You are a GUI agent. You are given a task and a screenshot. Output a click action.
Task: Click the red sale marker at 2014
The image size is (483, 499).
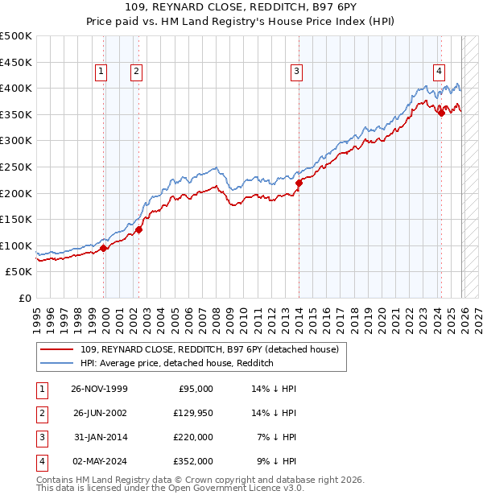click(299, 183)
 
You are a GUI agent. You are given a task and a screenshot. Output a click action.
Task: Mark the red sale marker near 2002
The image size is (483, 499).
click(138, 229)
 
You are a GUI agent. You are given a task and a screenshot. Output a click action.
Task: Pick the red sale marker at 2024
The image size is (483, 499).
click(441, 113)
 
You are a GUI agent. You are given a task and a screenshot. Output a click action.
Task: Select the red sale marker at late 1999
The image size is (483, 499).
click(104, 248)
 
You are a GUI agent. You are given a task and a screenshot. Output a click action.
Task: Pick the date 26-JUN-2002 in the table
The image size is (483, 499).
click(98, 413)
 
